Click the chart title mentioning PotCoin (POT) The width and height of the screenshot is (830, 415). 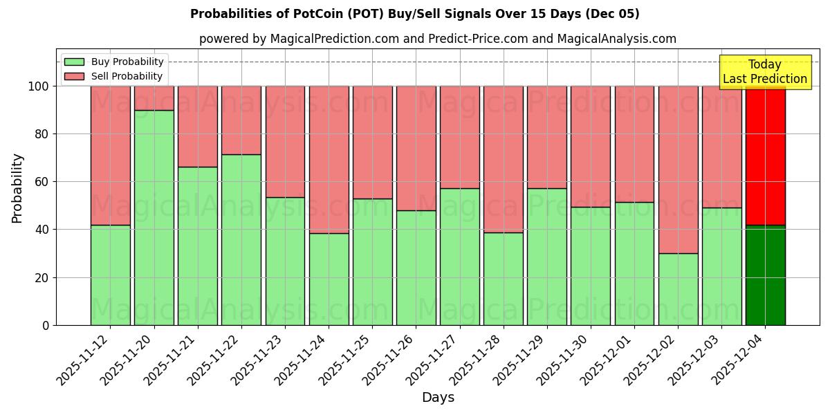tap(414, 14)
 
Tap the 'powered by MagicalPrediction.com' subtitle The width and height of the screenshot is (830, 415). tap(437, 39)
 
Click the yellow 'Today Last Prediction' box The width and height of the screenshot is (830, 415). tap(764, 72)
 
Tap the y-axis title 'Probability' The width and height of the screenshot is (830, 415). tap(17, 188)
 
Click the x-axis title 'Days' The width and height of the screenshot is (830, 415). tap(438, 398)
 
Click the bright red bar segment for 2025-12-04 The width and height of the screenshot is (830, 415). tap(765, 156)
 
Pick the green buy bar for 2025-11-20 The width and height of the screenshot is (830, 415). tap(154, 217)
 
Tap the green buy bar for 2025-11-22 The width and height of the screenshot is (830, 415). tap(241, 239)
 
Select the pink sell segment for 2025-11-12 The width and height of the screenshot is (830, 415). tap(110, 156)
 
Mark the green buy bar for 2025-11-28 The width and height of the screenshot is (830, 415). tap(503, 279)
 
